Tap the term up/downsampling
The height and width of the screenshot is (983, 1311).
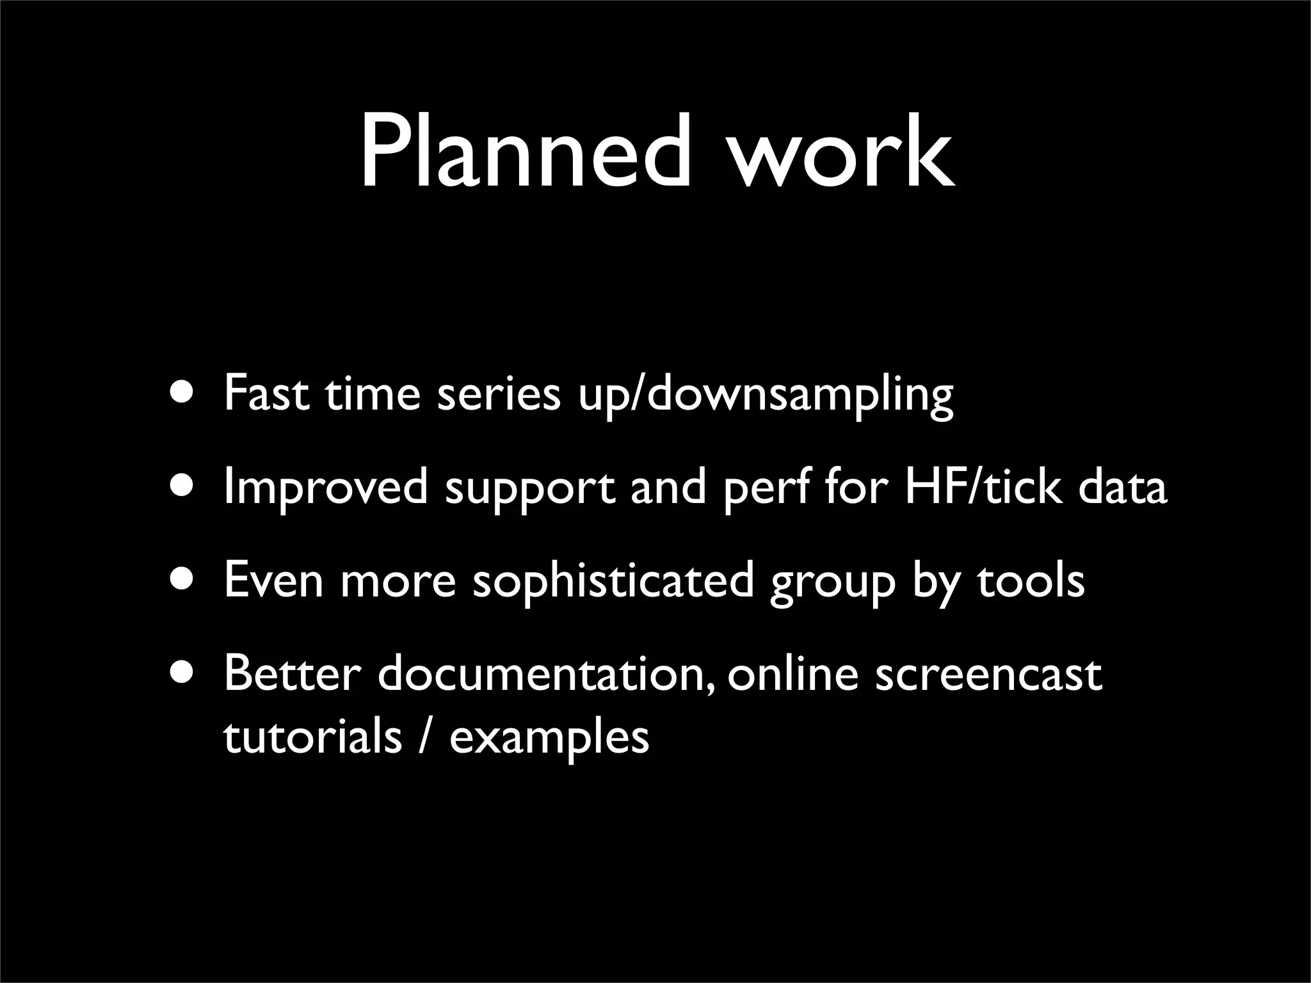[766, 396]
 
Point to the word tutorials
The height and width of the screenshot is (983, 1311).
[312, 736]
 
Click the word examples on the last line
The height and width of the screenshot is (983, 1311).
[549, 737]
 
